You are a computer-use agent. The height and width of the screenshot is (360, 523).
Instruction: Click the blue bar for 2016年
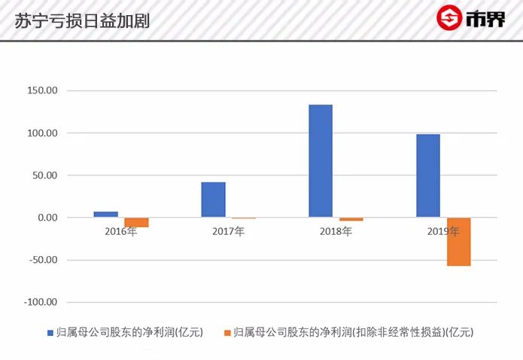click(x=106, y=215)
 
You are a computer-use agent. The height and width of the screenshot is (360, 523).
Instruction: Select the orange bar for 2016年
click(x=136, y=222)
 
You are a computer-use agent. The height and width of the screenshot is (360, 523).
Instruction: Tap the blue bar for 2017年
click(x=213, y=200)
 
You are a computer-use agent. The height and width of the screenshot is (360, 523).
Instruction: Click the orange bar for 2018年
click(x=351, y=219)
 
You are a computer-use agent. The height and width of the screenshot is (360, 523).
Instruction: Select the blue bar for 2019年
click(x=428, y=176)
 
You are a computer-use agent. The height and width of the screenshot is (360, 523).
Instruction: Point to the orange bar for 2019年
click(x=458, y=242)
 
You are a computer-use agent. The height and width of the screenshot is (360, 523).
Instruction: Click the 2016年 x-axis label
click(x=120, y=231)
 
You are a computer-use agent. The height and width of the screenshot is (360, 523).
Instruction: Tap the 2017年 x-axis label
click(x=228, y=231)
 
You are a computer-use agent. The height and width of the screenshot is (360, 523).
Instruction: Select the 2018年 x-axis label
click(x=336, y=231)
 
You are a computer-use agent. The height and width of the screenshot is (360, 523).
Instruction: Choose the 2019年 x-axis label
click(x=443, y=231)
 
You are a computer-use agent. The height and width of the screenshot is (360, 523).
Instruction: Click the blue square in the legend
click(x=50, y=332)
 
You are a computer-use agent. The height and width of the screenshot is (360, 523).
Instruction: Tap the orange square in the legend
click(x=227, y=332)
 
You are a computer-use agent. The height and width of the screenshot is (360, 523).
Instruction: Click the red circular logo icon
click(x=450, y=18)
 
